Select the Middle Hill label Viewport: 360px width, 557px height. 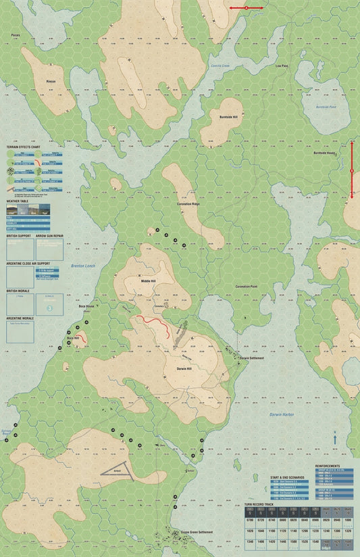(148, 280)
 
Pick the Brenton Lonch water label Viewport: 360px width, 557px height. (82, 266)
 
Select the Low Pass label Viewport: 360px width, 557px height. (282, 66)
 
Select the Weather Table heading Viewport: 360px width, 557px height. (18, 201)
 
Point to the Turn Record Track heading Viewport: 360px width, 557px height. (260, 504)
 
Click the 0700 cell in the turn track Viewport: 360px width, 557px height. (251, 520)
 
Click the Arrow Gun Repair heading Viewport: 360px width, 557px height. (51, 236)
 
